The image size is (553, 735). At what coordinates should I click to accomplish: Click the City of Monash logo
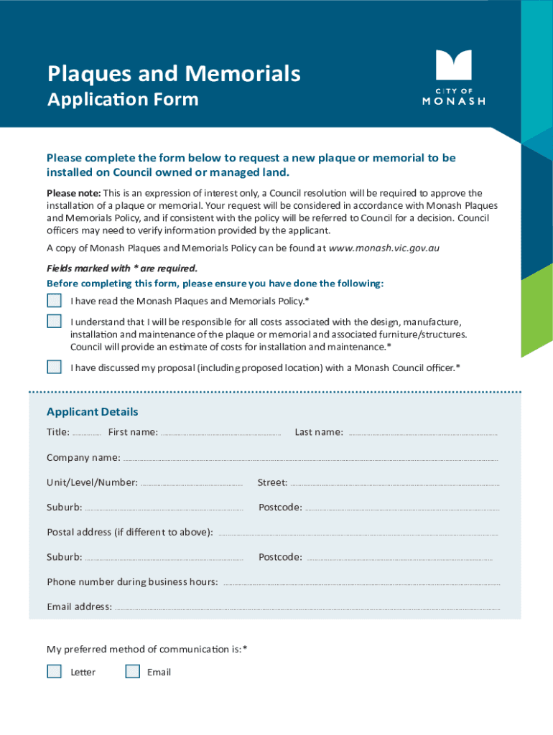pos(453,77)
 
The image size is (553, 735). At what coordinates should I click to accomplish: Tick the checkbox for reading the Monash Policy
pos(55,301)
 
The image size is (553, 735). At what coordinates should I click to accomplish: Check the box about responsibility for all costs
pos(55,321)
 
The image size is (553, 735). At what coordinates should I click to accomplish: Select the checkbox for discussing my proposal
pos(55,367)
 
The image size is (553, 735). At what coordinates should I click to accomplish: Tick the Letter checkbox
pos(55,671)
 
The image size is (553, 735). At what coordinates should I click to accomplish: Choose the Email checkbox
pos(132,671)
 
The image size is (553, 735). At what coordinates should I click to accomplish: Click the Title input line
pos(87,434)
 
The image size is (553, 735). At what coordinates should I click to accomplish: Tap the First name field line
pos(220,434)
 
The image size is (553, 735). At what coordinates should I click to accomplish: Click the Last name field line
pos(422,434)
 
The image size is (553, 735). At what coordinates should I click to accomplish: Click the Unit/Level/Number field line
pos(192,484)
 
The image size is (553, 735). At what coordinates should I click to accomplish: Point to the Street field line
pos(395,484)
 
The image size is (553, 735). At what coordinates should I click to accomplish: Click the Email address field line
pos(307,609)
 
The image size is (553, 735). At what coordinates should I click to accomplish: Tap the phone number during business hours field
pos(361,583)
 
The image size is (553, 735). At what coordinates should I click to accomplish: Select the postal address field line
pos(357,533)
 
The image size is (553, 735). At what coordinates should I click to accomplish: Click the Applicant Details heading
pos(93,412)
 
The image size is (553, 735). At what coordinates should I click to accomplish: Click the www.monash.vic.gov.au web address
pos(384,248)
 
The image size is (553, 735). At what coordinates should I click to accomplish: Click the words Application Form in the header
pos(123,99)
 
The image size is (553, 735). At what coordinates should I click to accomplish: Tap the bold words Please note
pos(73,193)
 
